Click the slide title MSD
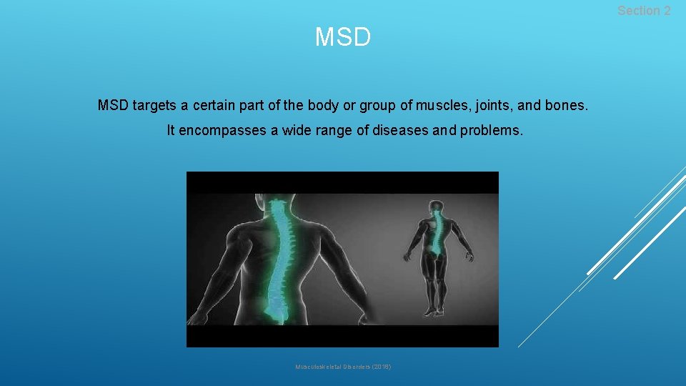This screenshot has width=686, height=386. coord(343,37)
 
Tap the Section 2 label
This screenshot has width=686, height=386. coord(644,11)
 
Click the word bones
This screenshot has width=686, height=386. coord(567,106)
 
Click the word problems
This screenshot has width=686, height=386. coord(492,131)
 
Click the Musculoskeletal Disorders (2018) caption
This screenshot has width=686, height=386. coord(343,367)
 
